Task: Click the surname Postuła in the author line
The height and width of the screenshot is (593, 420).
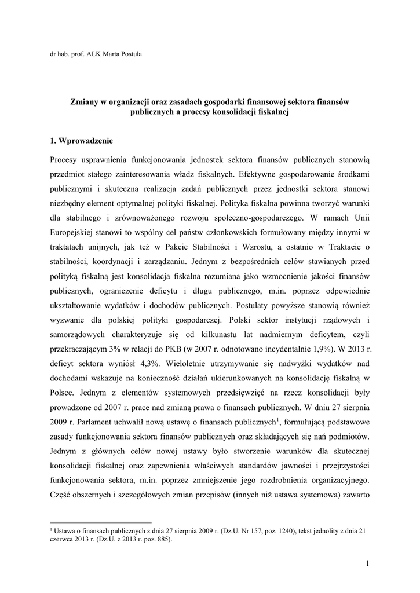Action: point(129,54)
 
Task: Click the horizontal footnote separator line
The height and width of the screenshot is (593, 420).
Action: point(101,521)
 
